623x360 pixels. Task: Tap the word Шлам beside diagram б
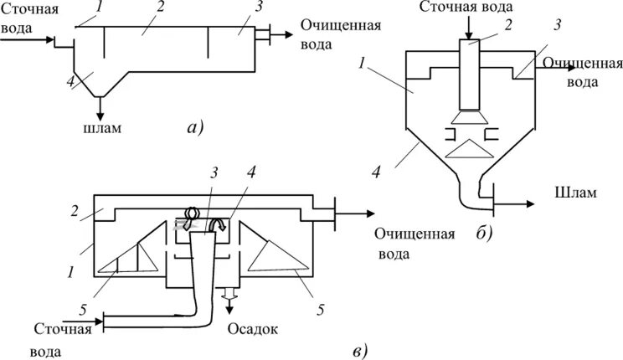coord(574,193)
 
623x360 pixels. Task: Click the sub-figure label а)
coord(194,127)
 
